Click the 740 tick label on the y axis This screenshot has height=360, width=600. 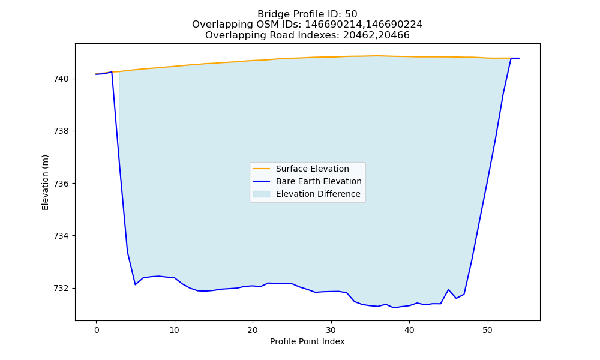coord(61,79)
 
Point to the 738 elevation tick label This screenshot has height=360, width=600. coord(61,131)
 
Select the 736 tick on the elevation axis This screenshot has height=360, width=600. coord(61,184)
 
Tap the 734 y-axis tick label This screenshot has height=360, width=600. coord(61,236)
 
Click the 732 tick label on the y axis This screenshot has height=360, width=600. coord(61,288)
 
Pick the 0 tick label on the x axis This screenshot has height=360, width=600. coord(97,330)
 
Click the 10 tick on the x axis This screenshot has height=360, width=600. coord(175,330)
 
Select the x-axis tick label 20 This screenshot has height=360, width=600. coord(253,330)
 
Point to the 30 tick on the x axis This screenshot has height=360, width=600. coord(331,330)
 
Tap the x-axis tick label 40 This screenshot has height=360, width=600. coord(409,330)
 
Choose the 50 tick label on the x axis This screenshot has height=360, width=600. coord(487,330)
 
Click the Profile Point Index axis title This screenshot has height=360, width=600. coord(307,341)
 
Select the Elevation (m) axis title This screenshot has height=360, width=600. coord(45,182)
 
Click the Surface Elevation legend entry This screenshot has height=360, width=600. coord(312,169)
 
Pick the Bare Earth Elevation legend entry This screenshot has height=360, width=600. coord(319,181)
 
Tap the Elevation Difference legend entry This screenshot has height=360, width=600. coord(318,194)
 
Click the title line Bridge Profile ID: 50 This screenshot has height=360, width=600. coord(307,14)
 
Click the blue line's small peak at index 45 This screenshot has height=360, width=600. coord(448,290)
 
